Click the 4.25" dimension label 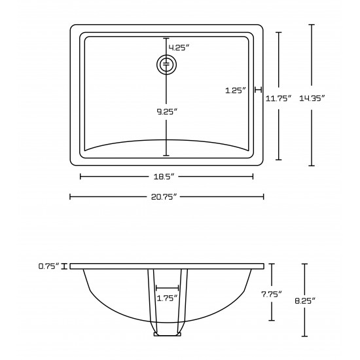coord(179,48)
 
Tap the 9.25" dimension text coord(167,111)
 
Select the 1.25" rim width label coord(236,90)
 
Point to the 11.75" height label coord(278,98)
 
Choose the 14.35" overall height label coord(312,98)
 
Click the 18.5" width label coord(164,177)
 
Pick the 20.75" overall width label coord(164,197)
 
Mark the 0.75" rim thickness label coord(49,266)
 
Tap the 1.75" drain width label coord(167,298)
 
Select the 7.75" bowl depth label coord(272,294)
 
